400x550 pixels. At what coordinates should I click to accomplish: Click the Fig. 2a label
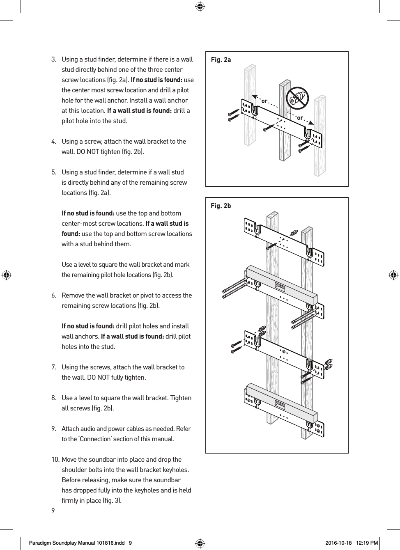pos(221,60)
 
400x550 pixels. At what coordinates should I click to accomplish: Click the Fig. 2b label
pos(221,206)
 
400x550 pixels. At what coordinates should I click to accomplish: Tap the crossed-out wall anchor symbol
pos(297,98)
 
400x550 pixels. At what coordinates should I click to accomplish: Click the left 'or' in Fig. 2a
pos(264,101)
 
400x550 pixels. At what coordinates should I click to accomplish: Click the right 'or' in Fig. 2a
pos(300,118)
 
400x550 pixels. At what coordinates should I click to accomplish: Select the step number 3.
pos(54,60)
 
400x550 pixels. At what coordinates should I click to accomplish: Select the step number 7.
pos(54,367)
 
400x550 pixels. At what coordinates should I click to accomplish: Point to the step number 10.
pos(55,460)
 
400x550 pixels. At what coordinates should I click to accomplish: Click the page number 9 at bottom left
pos(53,510)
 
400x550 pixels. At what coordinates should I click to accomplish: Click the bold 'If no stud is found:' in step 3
pos(156,80)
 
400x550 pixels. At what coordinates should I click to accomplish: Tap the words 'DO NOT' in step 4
pos(98,152)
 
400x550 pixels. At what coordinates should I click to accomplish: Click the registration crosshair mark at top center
pos(200,6)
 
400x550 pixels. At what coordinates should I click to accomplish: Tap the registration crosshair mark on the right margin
pos(393,275)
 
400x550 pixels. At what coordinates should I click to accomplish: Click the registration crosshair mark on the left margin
pos(7,275)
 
